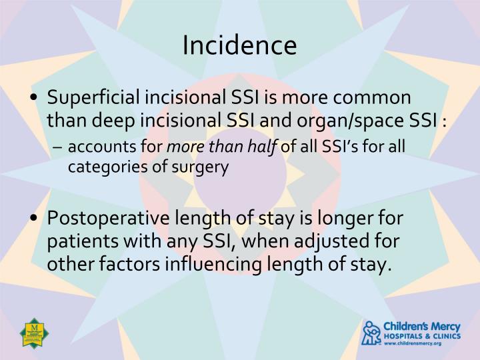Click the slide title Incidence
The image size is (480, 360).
pos(239,45)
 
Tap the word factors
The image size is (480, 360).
pos(142,265)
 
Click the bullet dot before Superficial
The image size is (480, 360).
pos(35,98)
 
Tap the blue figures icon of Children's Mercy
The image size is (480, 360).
pos(371,332)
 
